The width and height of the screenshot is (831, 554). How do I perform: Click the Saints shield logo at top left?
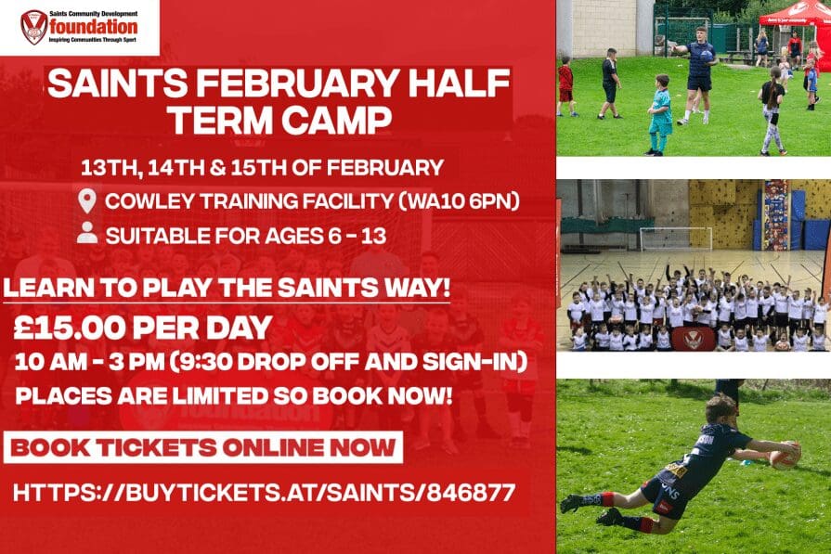point(32,27)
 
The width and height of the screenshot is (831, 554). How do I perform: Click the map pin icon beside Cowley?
point(88,200)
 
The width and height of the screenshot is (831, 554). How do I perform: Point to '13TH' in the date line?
point(107,168)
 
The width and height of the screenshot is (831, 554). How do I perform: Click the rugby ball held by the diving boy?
point(785,455)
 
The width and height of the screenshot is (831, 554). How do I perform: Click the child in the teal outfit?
point(660,116)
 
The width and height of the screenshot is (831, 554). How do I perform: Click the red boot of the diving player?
point(574,502)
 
